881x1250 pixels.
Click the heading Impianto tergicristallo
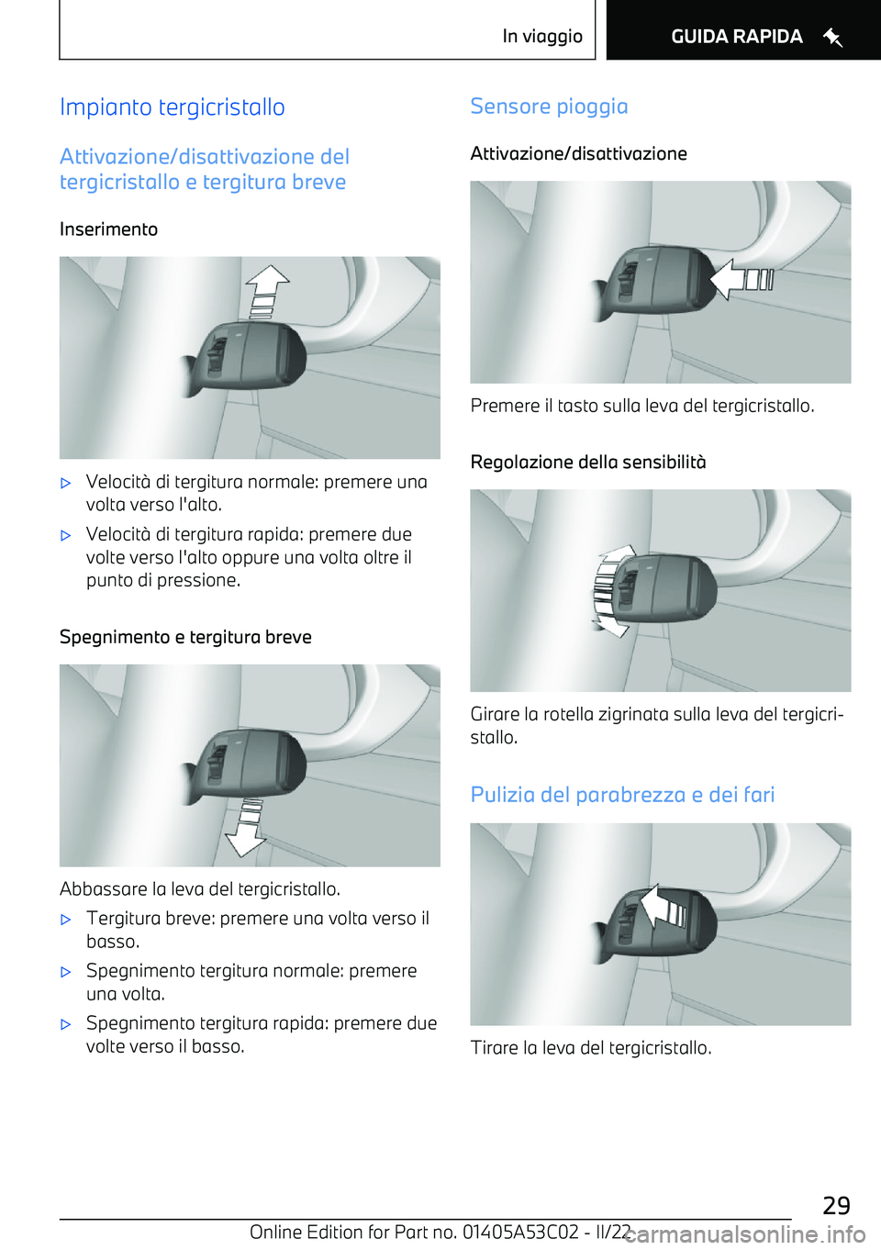click(x=173, y=107)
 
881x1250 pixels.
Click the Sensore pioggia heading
click(x=549, y=106)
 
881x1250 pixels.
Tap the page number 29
click(x=835, y=1205)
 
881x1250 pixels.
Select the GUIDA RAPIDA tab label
click(x=736, y=37)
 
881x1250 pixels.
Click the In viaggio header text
click(x=541, y=37)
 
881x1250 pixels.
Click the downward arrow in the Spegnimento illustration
click(x=246, y=827)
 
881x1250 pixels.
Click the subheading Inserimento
click(x=108, y=229)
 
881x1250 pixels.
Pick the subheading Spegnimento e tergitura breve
click(x=185, y=637)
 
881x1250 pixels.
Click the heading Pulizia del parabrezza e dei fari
click(x=622, y=795)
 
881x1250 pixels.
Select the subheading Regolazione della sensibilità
click(x=587, y=462)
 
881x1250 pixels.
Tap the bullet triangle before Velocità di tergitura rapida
click(x=66, y=535)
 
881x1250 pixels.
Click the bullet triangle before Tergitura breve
click(x=66, y=919)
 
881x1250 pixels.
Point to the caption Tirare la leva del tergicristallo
click(x=590, y=1048)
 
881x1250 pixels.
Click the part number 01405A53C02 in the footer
click(x=520, y=1232)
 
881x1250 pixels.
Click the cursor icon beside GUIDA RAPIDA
click(x=832, y=38)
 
